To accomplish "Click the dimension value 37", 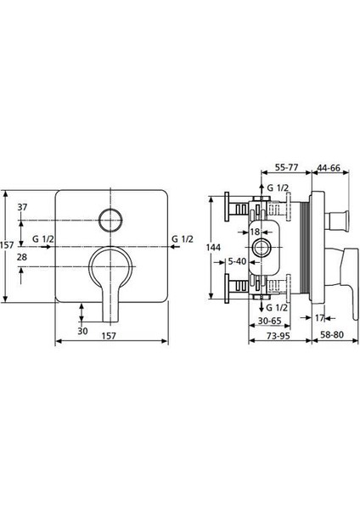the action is tap(22, 207).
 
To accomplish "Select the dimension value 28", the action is tap(22, 257).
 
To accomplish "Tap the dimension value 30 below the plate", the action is tap(83, 331).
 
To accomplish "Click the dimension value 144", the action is tap(213, 248).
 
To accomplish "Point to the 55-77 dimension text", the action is tap(287, 167).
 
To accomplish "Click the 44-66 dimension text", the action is tap(329, 167).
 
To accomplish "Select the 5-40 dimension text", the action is tap(237, 261).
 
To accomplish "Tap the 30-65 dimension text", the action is tap(270, 321).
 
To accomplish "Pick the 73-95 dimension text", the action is tap(278, 336).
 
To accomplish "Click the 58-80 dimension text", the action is tap(331, 335).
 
